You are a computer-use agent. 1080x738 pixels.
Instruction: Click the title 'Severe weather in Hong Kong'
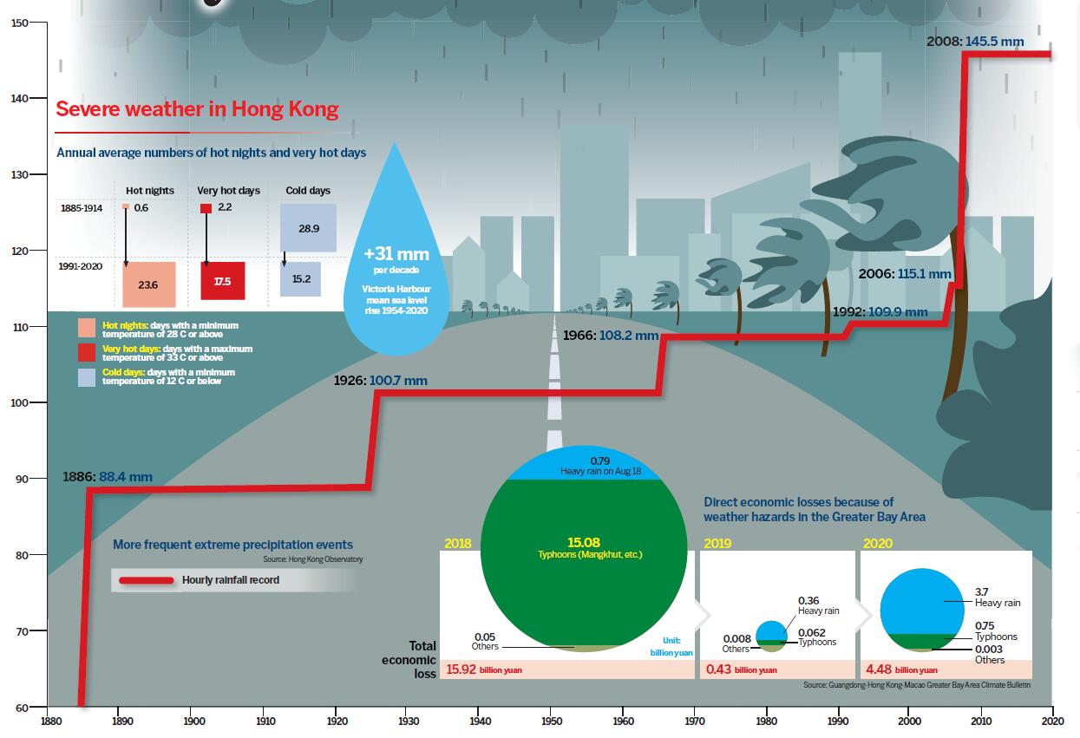pos(197,110)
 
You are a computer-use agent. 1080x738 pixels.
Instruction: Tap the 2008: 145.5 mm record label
pos(975,41)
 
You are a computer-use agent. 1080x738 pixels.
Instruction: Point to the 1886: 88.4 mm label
pos(108,476)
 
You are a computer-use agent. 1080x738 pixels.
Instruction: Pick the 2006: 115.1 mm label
pos(905,274)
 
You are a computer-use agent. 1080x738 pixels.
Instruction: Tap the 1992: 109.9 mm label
pos(880,312)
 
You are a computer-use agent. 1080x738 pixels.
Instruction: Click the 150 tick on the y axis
pos(19,23)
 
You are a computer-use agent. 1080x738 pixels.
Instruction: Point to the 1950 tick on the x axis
pos(551,721)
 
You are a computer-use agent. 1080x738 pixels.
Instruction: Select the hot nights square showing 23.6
pos(149,284)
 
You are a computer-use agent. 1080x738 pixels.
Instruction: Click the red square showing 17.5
pos(223,281)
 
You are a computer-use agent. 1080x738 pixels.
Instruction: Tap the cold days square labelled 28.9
pos(308,228)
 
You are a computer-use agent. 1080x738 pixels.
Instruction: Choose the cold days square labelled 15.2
pos(300,279)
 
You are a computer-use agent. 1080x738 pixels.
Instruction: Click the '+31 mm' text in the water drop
pos(396,255)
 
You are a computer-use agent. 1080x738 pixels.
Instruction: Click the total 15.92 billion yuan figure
pos(484,669)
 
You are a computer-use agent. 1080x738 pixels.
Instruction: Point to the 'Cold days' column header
pos(308,191)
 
